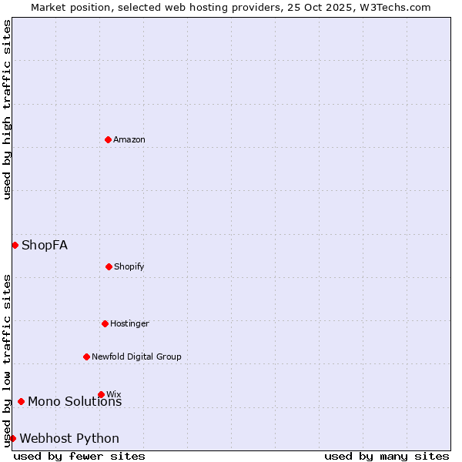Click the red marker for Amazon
click(x=108, y=139)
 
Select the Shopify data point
click(x=109, y=266)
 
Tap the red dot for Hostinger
click(x=105, y=323)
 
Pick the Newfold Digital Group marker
click(x=86, y=357)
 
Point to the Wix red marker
click(x=101, y=394)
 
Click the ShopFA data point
click(x=15, y=245)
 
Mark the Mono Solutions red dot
click(x=21, y=401)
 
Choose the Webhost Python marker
click(x=12, y=438)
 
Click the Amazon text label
click(x=129, y=139)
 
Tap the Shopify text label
click(x=129, y=266)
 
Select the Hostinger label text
click(x=129, y=323)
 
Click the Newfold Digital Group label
click(x=137, y=357)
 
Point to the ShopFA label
click(x=45, y=245)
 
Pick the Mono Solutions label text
click(x=75, y=401)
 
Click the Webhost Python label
click(x=69, y=438)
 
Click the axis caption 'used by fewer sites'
click(x=79, y=456)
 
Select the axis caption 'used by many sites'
click(x=387, y=456)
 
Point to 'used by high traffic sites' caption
click(x=7, y=109)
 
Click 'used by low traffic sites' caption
click(x=7, y=360)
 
